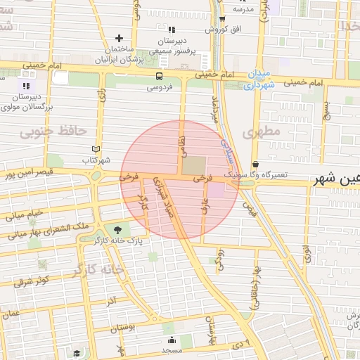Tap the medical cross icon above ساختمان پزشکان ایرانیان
point(118,38)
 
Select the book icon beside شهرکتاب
point(96,149)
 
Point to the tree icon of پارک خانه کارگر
point(117,229)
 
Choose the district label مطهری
point(261,131)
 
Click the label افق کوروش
point(223,30)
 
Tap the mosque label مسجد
point(172,349)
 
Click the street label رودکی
point(219,258)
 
